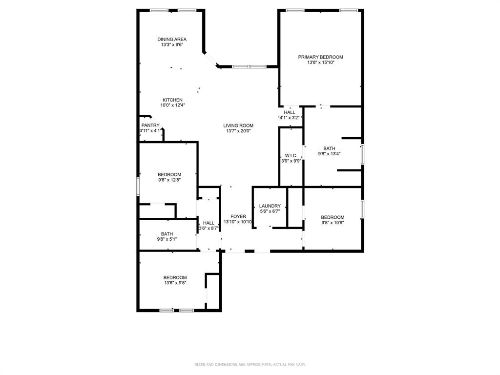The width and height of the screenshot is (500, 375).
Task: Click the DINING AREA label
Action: click(172, 40)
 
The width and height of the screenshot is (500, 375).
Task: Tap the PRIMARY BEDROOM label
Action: click(320, 57)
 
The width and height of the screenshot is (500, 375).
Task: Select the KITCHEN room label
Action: click(172, 100)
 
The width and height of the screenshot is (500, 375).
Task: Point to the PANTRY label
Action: click(150, 125)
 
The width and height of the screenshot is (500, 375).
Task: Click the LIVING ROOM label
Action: click(238, 125)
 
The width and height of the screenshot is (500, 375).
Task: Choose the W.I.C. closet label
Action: click(291, 156)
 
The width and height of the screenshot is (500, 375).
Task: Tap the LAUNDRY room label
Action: click(270, 206)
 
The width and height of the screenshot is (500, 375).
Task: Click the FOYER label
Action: click(238, 216)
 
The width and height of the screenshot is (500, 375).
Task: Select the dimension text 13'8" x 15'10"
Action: click(320, 62)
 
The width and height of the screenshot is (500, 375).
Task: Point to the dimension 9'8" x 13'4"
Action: click(329, 154)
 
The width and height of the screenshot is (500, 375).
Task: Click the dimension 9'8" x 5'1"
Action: click(167, 239)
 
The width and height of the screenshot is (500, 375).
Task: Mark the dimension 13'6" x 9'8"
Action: click(175, 283)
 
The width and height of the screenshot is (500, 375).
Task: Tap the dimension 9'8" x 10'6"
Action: click(333, 223)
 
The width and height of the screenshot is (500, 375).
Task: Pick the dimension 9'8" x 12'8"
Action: click(169, 180)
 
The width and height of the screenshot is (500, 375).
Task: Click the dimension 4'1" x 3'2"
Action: click(289, 118)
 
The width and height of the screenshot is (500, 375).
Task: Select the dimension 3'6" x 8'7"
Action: click(208, 229)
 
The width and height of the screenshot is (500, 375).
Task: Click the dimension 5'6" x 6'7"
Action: click(270, 211)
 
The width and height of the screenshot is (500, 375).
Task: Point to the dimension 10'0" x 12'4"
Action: click(172, 105)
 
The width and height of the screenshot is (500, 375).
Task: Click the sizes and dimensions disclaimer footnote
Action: click(250, 364)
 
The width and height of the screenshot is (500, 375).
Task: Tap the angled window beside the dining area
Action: click(211, 59)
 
